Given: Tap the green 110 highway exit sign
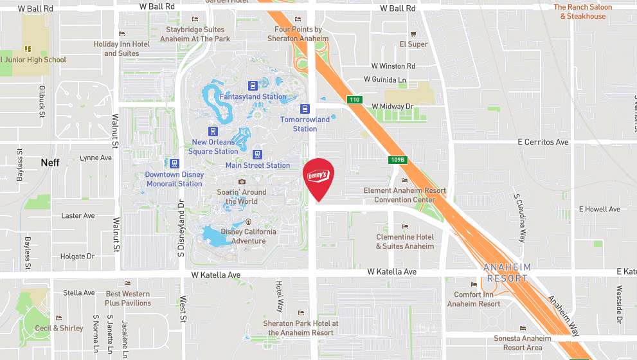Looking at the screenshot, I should click(x=354, y=100).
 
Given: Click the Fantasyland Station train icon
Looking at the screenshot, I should click(x=253, y=85).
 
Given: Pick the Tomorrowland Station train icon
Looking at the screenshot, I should click(x=305, y=109).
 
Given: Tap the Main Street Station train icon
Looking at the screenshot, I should click(x=258, y=154).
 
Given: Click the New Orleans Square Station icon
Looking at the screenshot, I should click(x=213, y=131).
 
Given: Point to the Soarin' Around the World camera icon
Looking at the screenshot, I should click(x=242, y=182).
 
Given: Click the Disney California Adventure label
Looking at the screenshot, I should click(x=248, y=236).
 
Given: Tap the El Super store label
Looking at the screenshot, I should click(x=413, y=44).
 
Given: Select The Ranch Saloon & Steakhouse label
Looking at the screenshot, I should click(x=582, y=12).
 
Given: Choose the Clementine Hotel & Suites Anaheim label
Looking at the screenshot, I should click(x=405, y=241).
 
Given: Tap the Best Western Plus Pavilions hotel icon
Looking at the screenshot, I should click(x=127, y=283).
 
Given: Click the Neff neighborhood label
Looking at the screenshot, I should click(x=50, y=163).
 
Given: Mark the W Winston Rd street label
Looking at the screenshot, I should click(x=393, y=66).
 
